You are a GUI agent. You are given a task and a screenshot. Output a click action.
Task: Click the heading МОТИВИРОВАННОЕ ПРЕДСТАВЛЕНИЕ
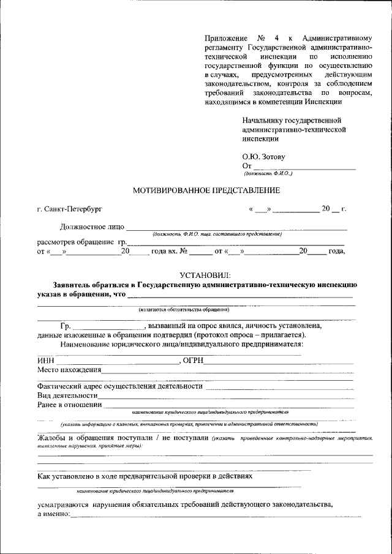206,190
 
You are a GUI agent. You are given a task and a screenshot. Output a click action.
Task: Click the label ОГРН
194,360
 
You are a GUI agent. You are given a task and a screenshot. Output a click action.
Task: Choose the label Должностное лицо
92,227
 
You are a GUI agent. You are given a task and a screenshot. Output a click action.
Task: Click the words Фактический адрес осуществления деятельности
119,386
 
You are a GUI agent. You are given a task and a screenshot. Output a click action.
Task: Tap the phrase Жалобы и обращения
77,438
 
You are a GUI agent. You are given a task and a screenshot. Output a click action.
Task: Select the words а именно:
53,514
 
